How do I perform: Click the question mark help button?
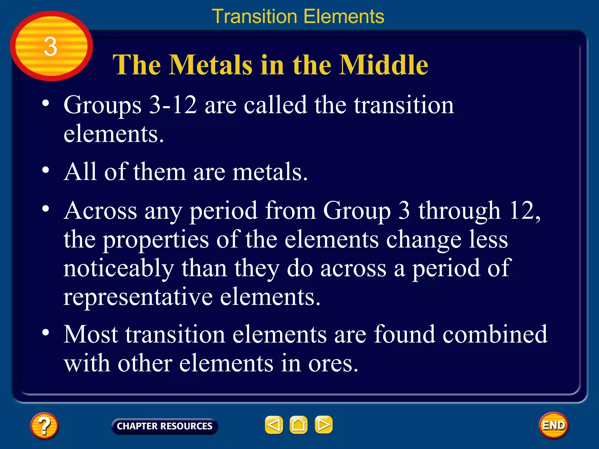pos(44,426)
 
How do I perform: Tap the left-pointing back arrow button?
pos(274,425)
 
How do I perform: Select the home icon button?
pos(298,425)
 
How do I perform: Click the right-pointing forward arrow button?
pos(323,425)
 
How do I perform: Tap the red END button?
pos(553,425)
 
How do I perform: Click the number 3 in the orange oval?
pos(51,47)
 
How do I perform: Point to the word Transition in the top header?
pos(254,16)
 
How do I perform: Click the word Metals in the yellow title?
pos(211,65)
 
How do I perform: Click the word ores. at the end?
pos(333,364)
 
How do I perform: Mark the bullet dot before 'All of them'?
pos(46,170)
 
